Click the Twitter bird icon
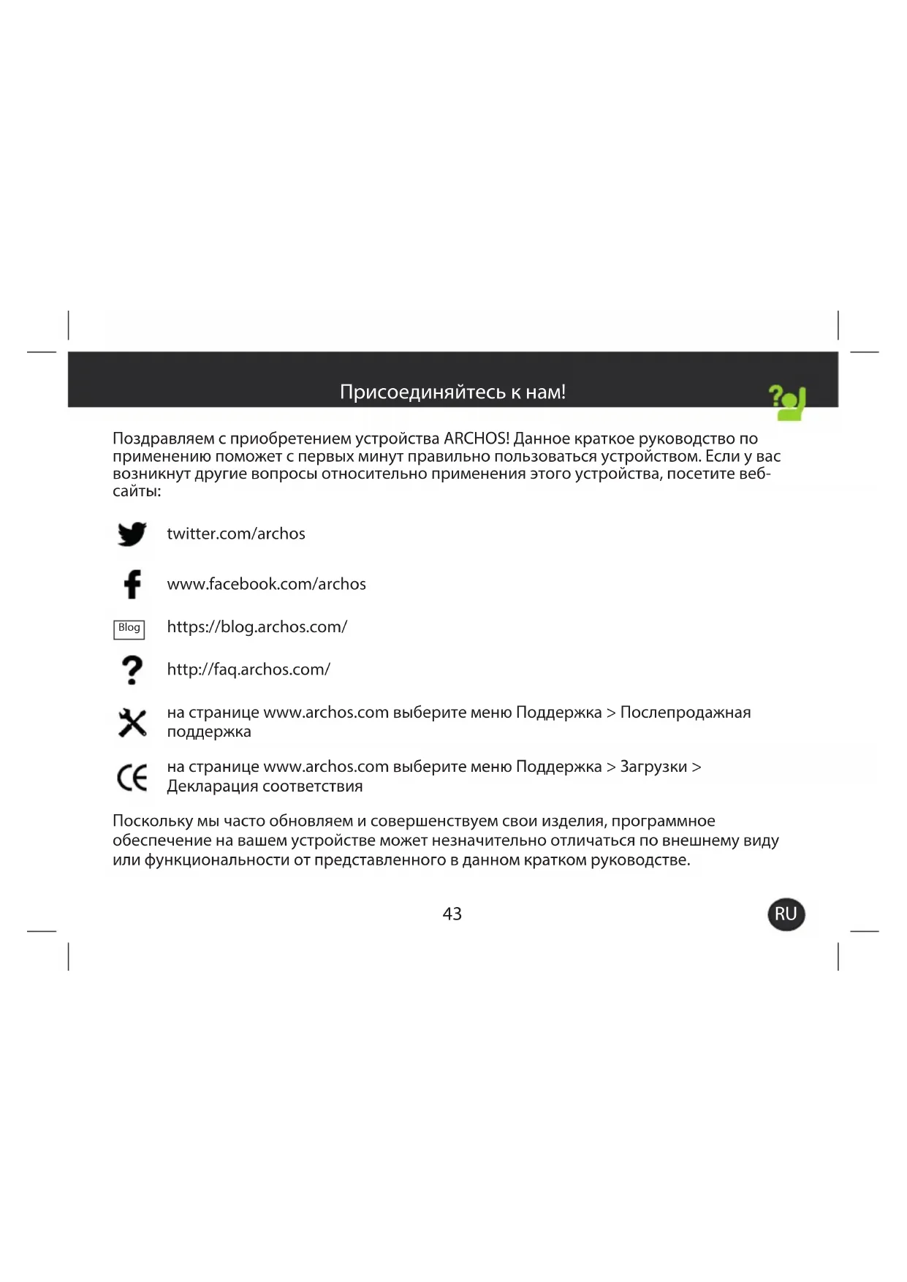point(132,534)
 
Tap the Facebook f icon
point(132,584)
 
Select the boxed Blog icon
point(129,629)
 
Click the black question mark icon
point(132,670)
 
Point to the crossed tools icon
point(132,723)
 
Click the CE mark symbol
point(132,777)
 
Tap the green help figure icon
point(787,403)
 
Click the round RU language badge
point(786,914)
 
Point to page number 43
point(452,914)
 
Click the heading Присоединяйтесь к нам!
point(452,392)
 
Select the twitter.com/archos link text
point(236,534)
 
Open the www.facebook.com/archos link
point(266,584)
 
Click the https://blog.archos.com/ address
point(257,627)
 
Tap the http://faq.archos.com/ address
point(248,670)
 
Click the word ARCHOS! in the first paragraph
point(476,439)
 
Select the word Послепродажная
point(685,713)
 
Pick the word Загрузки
point(653,767)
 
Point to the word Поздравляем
point(163,439)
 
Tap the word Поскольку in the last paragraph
point(152,822)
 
